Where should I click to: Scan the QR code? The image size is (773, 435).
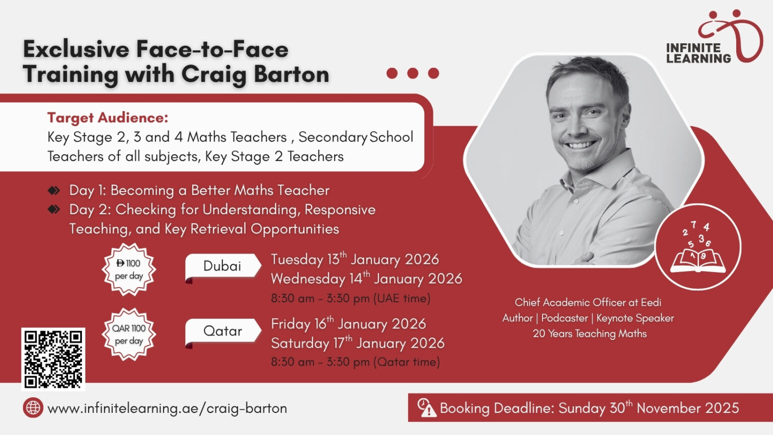(x=53, y=359)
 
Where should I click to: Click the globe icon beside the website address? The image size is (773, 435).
(x=33, y=408)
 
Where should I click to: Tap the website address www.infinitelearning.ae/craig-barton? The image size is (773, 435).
(x=168, y=408)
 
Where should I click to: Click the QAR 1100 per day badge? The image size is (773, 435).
(x=129, y=334)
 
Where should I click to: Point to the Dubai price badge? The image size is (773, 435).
(x=129, y=270)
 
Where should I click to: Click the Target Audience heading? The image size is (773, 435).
(x=108, y=118)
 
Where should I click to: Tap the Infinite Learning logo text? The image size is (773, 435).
(x=699, y=53)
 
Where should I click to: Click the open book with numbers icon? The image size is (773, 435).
(x=698, y=247)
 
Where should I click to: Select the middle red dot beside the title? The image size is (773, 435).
(x=413, y=73)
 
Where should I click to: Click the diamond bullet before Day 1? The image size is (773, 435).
(x=54, y=191)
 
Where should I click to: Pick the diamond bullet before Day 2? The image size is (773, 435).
(x=54, y=209)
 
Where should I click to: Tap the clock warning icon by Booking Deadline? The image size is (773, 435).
(x=427, y=408)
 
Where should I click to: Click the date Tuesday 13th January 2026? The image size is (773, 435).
(x=355, y=259)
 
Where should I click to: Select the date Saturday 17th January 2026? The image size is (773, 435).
(x=357, y=343)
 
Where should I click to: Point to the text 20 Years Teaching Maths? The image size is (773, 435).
(x=589, y=333)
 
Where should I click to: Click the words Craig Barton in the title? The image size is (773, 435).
(x=255, y=74)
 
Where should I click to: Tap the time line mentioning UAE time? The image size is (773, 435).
(x=351, y=298)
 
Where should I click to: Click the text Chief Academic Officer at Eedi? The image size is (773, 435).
(x=588, y=303)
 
